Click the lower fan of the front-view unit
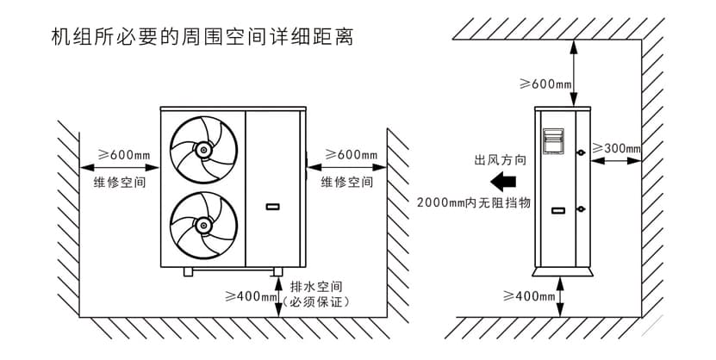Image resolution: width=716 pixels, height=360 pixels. pyautogui.click(x=204, y=225)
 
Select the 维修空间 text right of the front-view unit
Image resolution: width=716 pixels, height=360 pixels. pyautogui.click(x=347, y=183)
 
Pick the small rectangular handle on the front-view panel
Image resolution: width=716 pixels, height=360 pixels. pyautogui.click(x=273, y=207)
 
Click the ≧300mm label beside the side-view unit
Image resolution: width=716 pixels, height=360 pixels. pyautogui.click(x=618, y=148)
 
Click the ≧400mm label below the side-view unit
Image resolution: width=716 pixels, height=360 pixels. pyautogui.click(x=528, y=296)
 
